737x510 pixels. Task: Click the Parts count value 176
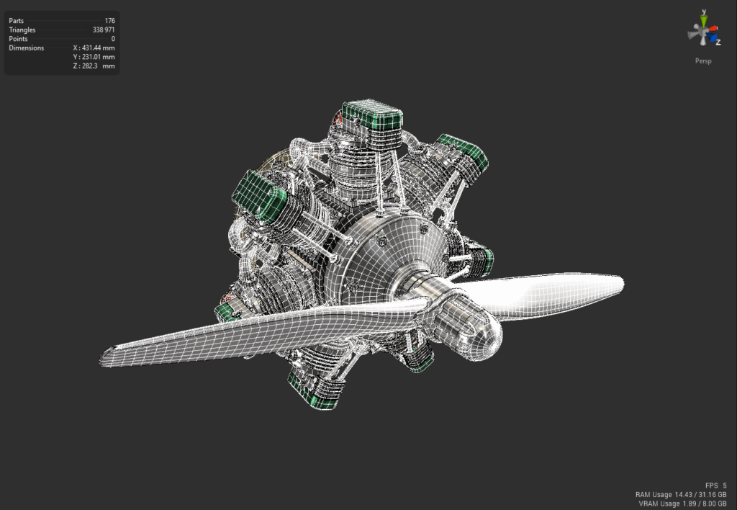110,21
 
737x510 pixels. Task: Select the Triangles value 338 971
104,30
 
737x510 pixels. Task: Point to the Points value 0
113,39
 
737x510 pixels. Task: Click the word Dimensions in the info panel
27,48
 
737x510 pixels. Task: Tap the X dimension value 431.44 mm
94,48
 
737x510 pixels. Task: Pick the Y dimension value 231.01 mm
94,57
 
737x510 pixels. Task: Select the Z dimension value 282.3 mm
94,66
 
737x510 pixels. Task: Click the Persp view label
703,61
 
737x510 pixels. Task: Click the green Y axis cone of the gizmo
704,19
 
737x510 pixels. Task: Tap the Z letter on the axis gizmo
718,42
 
